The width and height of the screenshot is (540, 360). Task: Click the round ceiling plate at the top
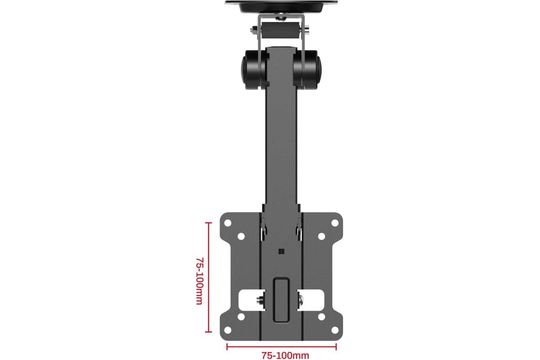(281, 6)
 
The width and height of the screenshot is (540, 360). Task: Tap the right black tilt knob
(307, 70)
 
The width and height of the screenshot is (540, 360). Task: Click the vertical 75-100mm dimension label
(200, 281)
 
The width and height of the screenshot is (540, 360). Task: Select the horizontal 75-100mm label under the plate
(285, 355)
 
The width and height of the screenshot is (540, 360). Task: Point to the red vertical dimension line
(208, 277)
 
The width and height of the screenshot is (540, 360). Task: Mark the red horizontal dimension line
(282, 347)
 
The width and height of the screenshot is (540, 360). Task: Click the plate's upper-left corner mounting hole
(228, 223)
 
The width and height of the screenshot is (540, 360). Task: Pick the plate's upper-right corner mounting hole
(335, 223)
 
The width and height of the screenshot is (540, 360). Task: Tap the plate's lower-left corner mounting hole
(228, 330)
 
